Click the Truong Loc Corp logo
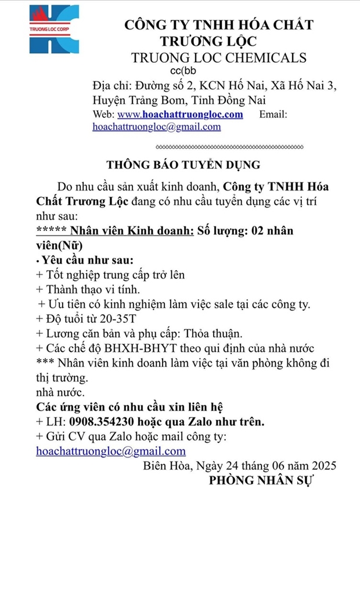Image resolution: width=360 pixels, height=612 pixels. pyautogui.click(x=53, y=29)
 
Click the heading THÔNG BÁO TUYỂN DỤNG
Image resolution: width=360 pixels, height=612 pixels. pyautogui.click(x=183, y=164)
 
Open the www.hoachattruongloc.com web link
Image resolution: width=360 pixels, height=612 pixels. pyautogui.click(x=180, y=114)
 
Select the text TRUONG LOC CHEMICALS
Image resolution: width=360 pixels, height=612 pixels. pyautogui.click(x=218, y=57)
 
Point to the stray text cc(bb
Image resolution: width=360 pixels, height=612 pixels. pyautogui.click(x=182, y=70)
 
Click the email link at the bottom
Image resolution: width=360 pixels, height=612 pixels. pyautogui.click(x=111, y=451)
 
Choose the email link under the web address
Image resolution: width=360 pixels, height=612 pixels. pyautogui.click(x=156, y=127)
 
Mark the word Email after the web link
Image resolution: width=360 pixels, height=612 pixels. pyautogui.click(x=273, y=114)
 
